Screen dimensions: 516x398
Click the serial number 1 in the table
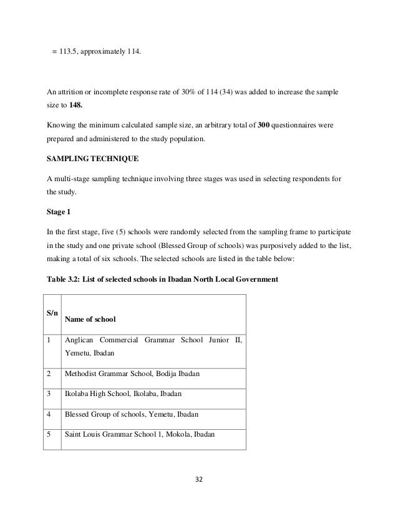tap(47, 340)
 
